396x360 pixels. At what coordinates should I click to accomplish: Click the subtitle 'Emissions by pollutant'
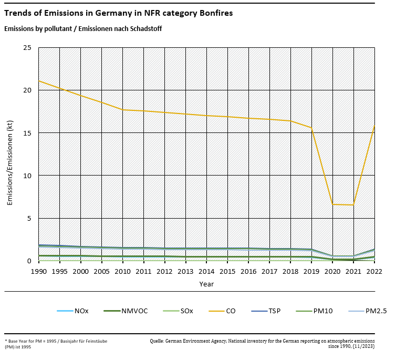pos(82,28)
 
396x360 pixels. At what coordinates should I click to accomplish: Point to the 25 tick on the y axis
pos(27,48)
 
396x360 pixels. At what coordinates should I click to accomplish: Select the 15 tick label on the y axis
pos(27,133)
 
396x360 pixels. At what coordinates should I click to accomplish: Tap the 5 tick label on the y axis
pos(29,218)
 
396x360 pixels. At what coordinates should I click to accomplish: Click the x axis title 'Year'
pos(206,284)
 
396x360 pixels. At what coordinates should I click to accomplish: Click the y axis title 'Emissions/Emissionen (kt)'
pos(10,155)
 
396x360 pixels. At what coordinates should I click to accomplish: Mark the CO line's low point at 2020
pos(332,204)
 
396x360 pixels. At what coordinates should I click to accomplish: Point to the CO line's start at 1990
pos(39,81)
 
